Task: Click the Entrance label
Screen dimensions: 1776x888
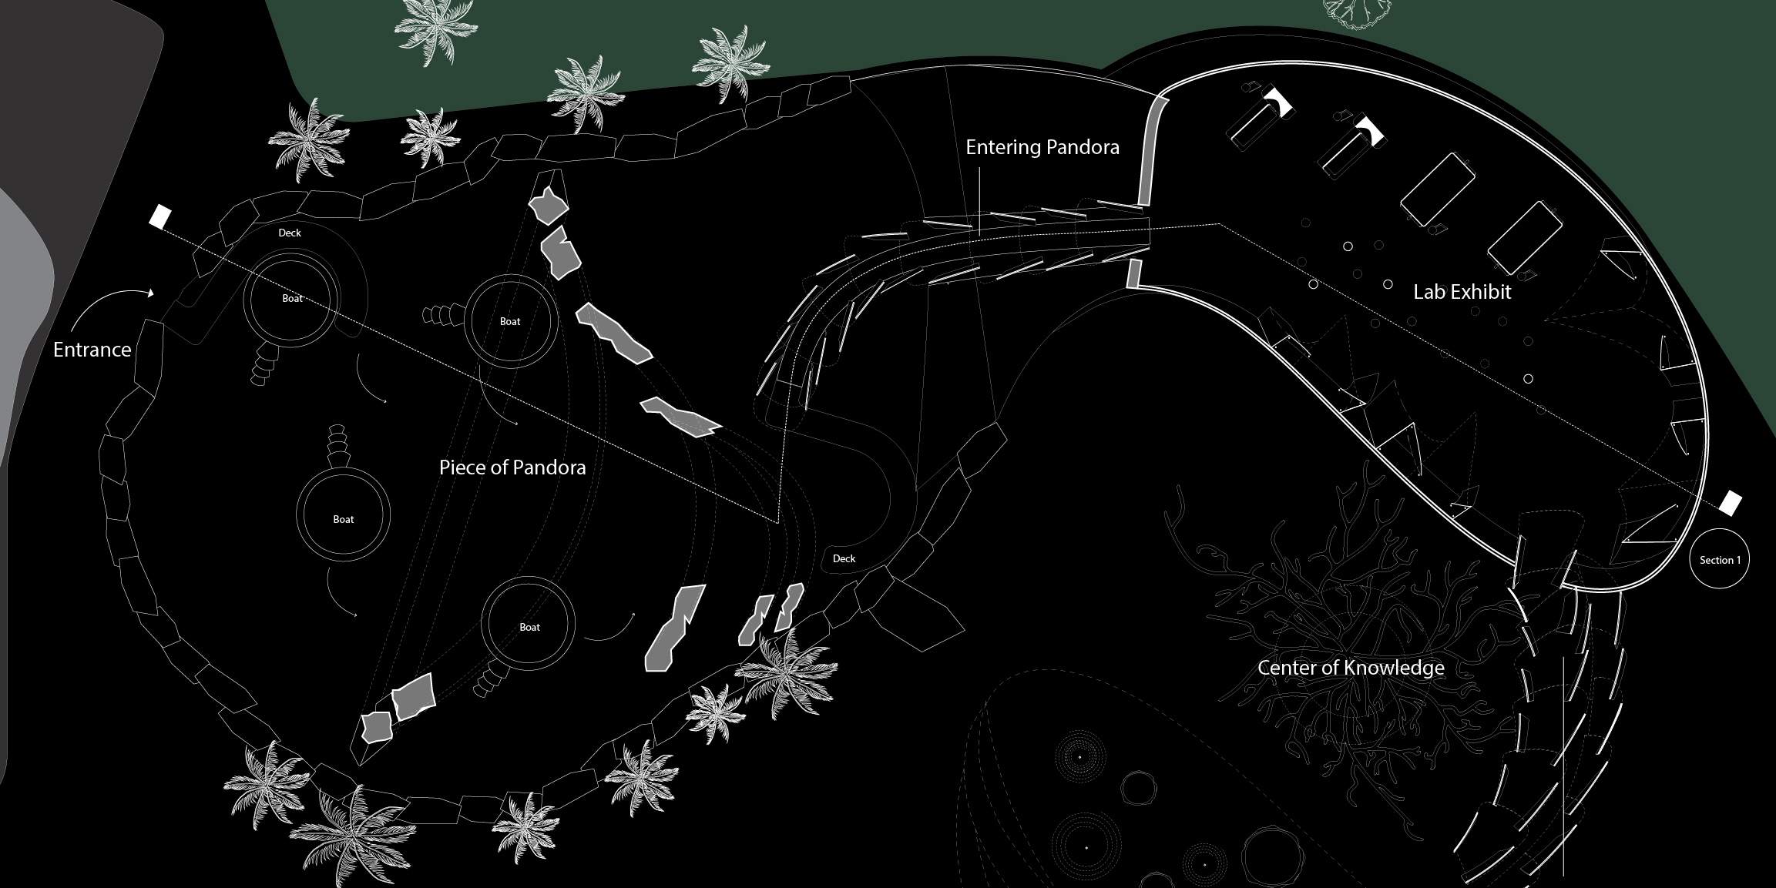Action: [x=92, y=350]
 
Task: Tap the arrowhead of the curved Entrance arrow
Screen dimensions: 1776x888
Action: [x=151, y=293]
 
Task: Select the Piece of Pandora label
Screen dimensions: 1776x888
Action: [x=512, y=467]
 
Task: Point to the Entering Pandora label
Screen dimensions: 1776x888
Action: [x=1042, y=147]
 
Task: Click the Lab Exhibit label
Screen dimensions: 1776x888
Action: [x=1462, y=292]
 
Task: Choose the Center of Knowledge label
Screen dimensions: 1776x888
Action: [x=1351, y=668]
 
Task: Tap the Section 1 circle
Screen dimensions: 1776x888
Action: [x=1719, y=559]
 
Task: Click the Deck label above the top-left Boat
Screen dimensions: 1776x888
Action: [x=290, y=233]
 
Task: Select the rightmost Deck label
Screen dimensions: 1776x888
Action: [x=844, y=558]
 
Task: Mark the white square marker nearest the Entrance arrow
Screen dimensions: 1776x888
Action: [x=159, y=216]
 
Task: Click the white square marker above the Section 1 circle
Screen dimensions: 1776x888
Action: [x=1731, y=503]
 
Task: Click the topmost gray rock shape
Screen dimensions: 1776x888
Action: [x=548, y=206]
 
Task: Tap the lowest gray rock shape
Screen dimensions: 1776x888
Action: [x=377, y=727]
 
